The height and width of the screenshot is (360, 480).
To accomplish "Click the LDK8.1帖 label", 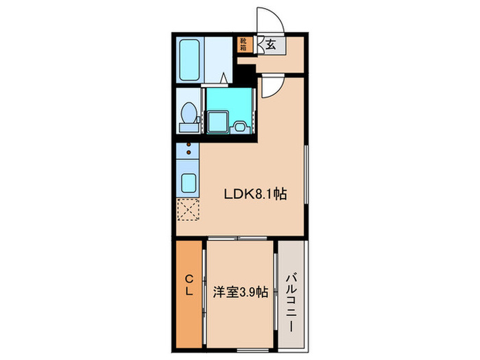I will [256, 194].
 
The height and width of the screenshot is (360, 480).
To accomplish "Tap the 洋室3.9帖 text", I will [239, 290].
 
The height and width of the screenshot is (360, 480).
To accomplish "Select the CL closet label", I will [189, 284].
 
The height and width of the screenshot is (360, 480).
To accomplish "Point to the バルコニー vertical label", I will [292, 291].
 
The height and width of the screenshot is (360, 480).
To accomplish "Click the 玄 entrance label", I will [271, 45].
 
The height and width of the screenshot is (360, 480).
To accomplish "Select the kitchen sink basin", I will [187, 183].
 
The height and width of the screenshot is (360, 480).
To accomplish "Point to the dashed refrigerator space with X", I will [187, 209].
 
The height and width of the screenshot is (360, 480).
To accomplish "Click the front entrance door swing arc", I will [264, 21].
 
